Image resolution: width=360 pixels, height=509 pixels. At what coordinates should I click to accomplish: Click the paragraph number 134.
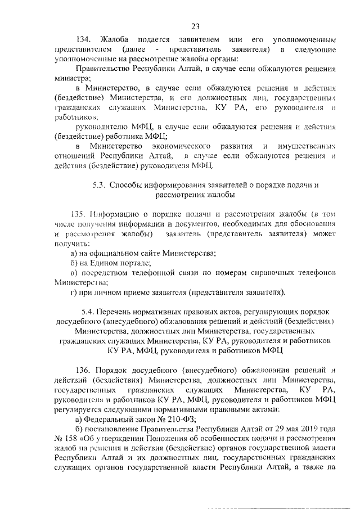[83, 40]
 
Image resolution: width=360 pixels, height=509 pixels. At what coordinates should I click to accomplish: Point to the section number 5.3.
[100, 185]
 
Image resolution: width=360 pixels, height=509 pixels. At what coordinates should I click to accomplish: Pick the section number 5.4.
[88, 311]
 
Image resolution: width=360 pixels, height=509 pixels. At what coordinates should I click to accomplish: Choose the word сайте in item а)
[149, 254]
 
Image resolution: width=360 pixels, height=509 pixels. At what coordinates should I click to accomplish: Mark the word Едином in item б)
[109, 263]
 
